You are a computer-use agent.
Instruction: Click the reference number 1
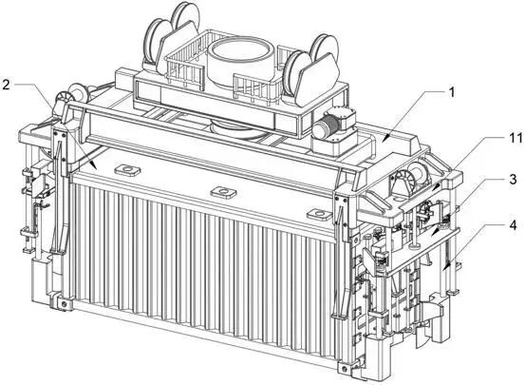point(452,92)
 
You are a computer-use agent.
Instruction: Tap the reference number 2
point(6,85)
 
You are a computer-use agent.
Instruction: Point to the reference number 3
point(513,180)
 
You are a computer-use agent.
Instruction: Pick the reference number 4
point(513,225)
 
